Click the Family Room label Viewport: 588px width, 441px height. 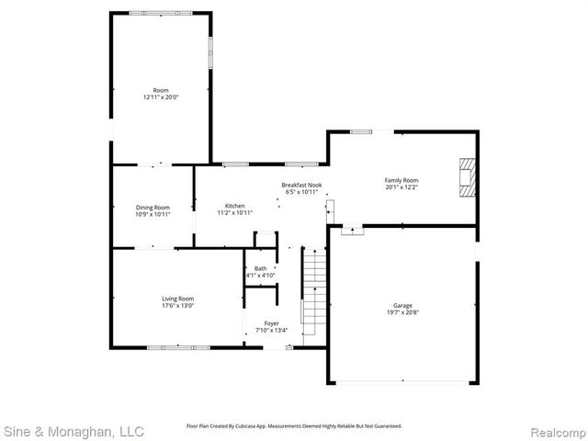[401, 180]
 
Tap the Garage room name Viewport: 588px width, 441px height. [402, 305]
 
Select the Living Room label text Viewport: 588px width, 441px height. [178, 298]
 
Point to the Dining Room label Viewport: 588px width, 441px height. [153, 208]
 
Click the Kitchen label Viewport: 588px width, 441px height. [235, 206]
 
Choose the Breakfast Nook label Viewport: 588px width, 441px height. [301, 186]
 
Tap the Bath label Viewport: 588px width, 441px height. [260, 268]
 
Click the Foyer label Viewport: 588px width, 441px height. [272, 323]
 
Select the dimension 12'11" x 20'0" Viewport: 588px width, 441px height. [160, 96]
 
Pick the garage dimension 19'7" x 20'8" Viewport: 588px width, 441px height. [402, 312]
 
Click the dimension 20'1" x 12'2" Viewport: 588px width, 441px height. [401, 187]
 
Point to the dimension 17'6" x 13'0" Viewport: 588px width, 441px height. [178, 305]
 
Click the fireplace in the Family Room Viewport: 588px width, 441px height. [469, 177]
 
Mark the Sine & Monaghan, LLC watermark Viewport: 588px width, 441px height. [73, 430]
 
